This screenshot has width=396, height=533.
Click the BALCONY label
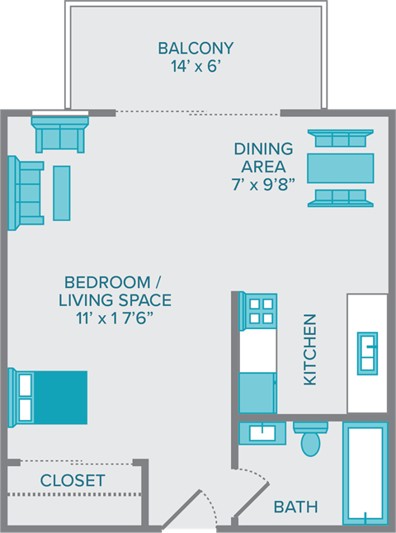tap(196, 48)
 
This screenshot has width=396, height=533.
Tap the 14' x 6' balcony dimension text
tap(196, 68)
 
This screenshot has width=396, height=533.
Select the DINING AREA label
tap(263, 158)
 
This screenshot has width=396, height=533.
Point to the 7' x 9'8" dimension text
tap(263, 184)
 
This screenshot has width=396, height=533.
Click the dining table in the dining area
tap(339, 168)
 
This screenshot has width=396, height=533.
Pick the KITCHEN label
tap(310, 349)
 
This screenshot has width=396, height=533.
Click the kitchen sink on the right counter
tap(367, 353)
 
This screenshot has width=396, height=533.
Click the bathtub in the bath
tap(364, 474)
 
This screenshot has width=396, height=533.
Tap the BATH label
tap(295, 507)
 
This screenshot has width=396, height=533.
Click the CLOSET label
tap(73, 480)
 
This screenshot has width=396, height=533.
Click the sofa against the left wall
tap(26, 193)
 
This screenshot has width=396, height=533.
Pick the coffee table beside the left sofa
tap(62, 193)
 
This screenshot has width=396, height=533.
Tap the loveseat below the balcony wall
tap(59, 134)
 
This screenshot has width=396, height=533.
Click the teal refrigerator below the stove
tap(257, 393)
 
